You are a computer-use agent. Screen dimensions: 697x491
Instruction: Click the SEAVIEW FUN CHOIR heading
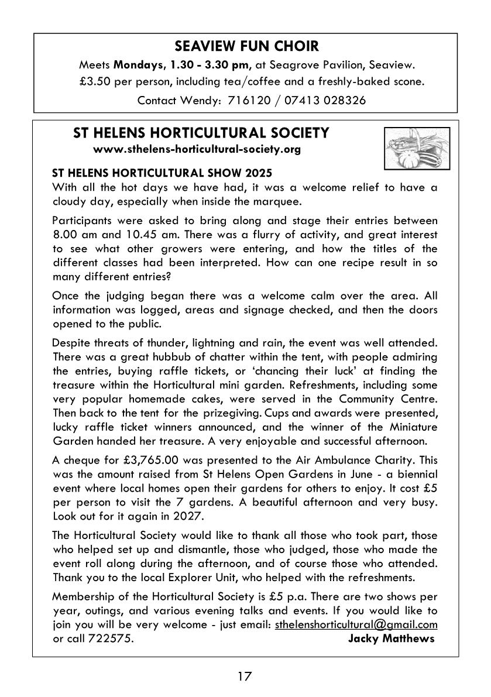(x=245, y=46)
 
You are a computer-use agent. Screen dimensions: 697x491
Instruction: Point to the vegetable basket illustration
(x=417, y=147)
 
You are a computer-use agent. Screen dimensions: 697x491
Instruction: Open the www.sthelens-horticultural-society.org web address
(x=197, y=149)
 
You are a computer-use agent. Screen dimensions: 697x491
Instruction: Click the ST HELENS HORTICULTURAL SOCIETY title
(x=201, y=133)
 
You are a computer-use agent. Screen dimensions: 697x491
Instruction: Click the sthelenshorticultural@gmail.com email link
(x=356, y=624)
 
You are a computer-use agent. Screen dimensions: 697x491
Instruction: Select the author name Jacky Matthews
(x=391, y=638)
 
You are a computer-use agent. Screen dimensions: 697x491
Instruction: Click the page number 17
(x=245, y=677)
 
